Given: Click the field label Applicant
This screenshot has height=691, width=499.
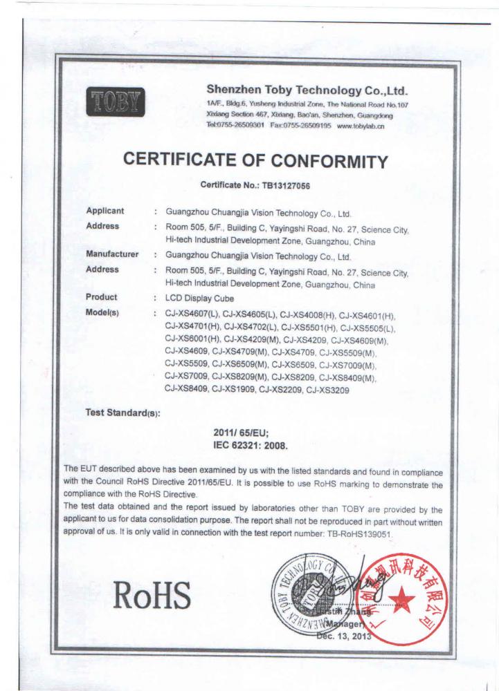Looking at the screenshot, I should [105, 211].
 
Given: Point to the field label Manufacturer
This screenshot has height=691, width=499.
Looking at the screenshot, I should [112, 254].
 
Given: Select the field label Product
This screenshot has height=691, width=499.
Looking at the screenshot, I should [101, 297].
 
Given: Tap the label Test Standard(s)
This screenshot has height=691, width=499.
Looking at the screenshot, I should [123, 413].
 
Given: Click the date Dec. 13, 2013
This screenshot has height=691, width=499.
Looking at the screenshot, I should [344, 637].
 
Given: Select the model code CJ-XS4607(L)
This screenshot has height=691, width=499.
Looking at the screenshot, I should [195, 313].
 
